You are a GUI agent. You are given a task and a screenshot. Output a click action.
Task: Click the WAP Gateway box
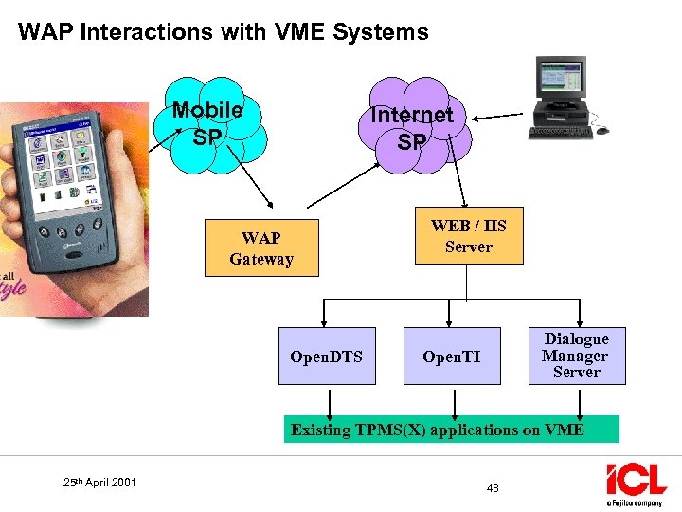click(261, 248)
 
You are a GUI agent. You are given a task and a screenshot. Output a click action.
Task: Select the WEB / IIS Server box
click(468, 236)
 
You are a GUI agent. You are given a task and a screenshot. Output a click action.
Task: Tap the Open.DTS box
click(326, 356)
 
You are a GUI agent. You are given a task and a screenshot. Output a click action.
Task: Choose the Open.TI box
click(451, 356)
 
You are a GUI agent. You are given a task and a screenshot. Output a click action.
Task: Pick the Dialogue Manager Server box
click(576, 356)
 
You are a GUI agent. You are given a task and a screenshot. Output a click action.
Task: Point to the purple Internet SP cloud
click(413, 128)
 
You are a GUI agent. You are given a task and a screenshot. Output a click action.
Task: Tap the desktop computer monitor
click(563, 86)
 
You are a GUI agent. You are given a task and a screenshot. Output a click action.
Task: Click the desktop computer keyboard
click(560, 132)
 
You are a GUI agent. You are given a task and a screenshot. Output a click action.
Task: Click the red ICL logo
click(637, 479)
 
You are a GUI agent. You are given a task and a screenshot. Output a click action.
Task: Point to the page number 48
click(493, 488)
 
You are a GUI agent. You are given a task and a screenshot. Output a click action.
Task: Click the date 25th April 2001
click(99, 483)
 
